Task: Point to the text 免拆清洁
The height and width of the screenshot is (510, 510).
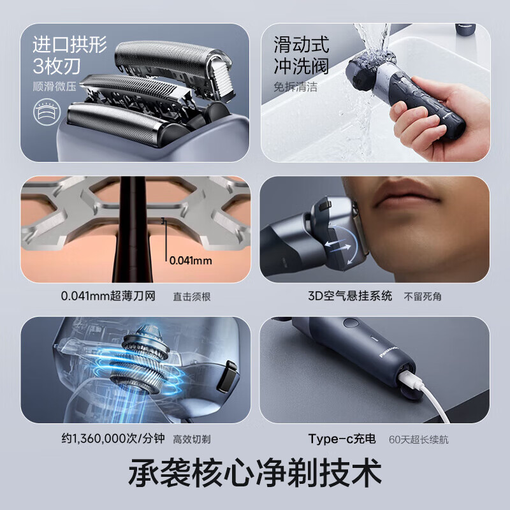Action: click(x=296, y=87)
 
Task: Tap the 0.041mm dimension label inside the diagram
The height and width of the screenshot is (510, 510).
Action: click(x=191, y=260)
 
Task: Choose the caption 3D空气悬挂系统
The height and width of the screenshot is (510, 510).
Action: click(x=350, y=296)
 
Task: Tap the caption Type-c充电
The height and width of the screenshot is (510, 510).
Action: click(x=342, y=439)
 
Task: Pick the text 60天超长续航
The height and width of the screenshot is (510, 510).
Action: click(x=421, y=439)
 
